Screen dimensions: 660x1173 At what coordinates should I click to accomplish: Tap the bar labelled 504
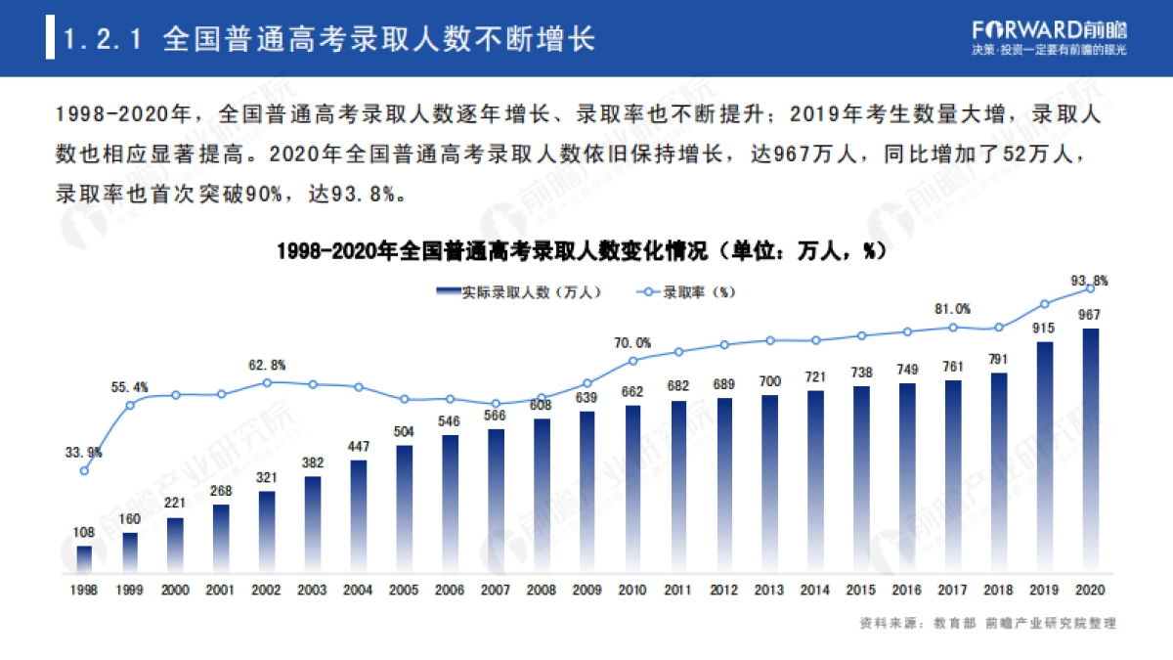pyautogui.click(x=404, y=508)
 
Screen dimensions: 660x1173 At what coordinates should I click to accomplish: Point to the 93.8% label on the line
pyautogui.click(x=1089, y=280)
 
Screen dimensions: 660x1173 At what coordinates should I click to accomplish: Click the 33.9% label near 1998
pyautogui.click(x=83, y=452)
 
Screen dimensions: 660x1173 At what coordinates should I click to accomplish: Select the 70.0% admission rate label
pyautogui.click(x=632, y=342)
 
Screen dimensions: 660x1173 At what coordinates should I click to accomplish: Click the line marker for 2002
pyautogui.click(x=267, y=382)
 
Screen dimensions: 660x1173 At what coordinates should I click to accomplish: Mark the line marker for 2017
pyautogui.click(x=953, y=328)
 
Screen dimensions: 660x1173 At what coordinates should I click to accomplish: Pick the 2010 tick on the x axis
pyautogui.click(x=632, y=591)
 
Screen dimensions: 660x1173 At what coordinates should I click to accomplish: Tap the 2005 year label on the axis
pyautogui.click(x=404, y=591)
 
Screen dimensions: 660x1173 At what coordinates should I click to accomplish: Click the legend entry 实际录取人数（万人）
pyautogui.click(x=518, y=291)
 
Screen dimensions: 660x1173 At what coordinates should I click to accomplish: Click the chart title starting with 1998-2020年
pyautogui.click(x=586, y=251)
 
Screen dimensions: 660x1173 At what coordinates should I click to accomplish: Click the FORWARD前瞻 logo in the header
pyautogui.click(x=1044, y=27)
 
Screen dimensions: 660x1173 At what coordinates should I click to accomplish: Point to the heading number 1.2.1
pyautogui.click(x=103, y=39)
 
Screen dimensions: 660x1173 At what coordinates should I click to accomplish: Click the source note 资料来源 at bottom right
pyautogui.click(x=986, y=623)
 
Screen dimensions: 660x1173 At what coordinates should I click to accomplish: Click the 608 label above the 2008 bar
pyautogui.click(x=541, y=405)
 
